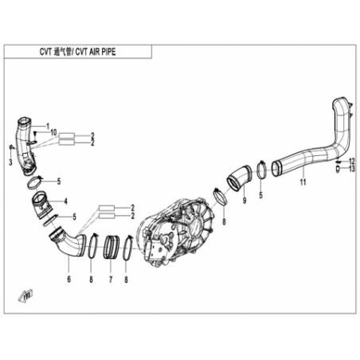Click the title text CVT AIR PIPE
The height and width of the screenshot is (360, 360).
click(x=96, y=52)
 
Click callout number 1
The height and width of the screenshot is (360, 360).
click(x=48, y=126)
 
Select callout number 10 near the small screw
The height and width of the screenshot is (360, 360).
click(x=54, y=132)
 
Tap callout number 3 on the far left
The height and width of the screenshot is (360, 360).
click(x=10, y=162)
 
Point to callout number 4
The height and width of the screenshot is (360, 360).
click(x=65, y=202)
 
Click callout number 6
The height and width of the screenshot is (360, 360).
click(x=69, y=280)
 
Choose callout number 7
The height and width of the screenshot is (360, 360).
click(x=111, y=280)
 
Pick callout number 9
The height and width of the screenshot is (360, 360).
click(x=245, y=201)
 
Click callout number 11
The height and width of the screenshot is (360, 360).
click(x=303, y=182)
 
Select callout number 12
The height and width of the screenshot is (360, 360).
click(x=352, y=161)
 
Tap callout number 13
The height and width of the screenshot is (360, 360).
click(x=352, y=169)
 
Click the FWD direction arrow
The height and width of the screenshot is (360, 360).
click(x=25, y=295)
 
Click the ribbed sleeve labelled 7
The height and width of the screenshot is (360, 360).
click(x=110, y=247)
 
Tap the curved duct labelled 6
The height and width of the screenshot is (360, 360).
click(x=68, y=243)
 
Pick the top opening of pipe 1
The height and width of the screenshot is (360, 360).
click(x=24, y=121)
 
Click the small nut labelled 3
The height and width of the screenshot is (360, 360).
click(x=11, y=147)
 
